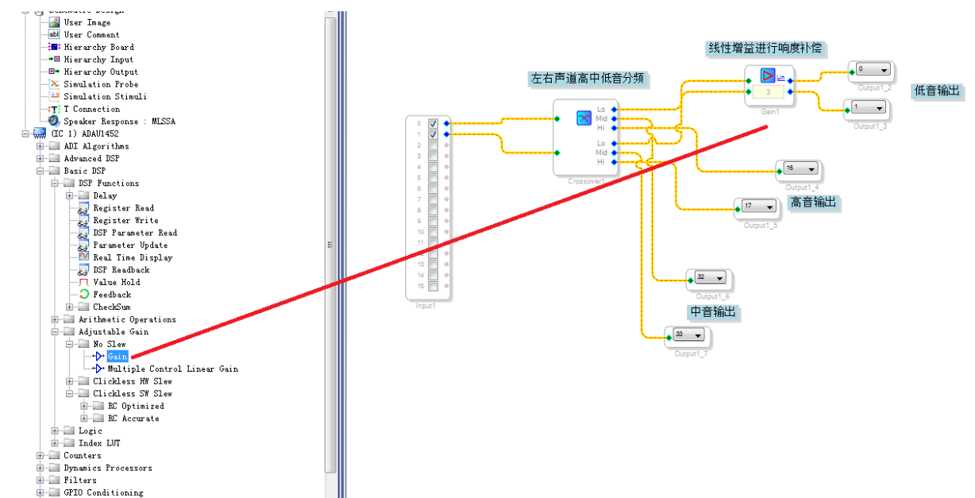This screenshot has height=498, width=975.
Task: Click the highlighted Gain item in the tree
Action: click(x=118, y=357)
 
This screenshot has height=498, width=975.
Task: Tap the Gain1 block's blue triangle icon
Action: click(x=767, y=75)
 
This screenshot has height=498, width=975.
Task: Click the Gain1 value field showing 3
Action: click(x=768, y=92)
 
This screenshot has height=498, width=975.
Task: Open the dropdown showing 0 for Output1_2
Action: click(x=872, y=70)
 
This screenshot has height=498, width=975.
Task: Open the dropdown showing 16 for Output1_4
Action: click(x=800, y=169)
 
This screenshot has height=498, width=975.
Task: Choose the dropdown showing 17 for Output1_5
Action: click(x=758, y=207)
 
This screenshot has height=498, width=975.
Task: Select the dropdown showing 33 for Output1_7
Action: click(x=688, y=335)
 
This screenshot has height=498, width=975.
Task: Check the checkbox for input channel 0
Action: click(x=433, y=124)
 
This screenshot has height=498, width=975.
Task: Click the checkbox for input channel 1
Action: click(x=433, y=135)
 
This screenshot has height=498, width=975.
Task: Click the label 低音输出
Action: click(x=937, y=91)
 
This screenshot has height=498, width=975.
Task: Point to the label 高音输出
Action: click(x=813, y=203)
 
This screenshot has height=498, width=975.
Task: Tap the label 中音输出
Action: click(x=713, y=312)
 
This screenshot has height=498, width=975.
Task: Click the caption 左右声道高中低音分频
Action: click(x=588, y=79)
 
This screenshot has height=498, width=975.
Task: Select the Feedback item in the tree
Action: click(x=111, y=295)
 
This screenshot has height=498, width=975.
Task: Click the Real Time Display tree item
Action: click(x=133, y=257)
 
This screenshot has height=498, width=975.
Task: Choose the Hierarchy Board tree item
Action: click(x=98, y=47)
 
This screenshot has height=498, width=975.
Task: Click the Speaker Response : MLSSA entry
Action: click(x=119, y=122)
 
